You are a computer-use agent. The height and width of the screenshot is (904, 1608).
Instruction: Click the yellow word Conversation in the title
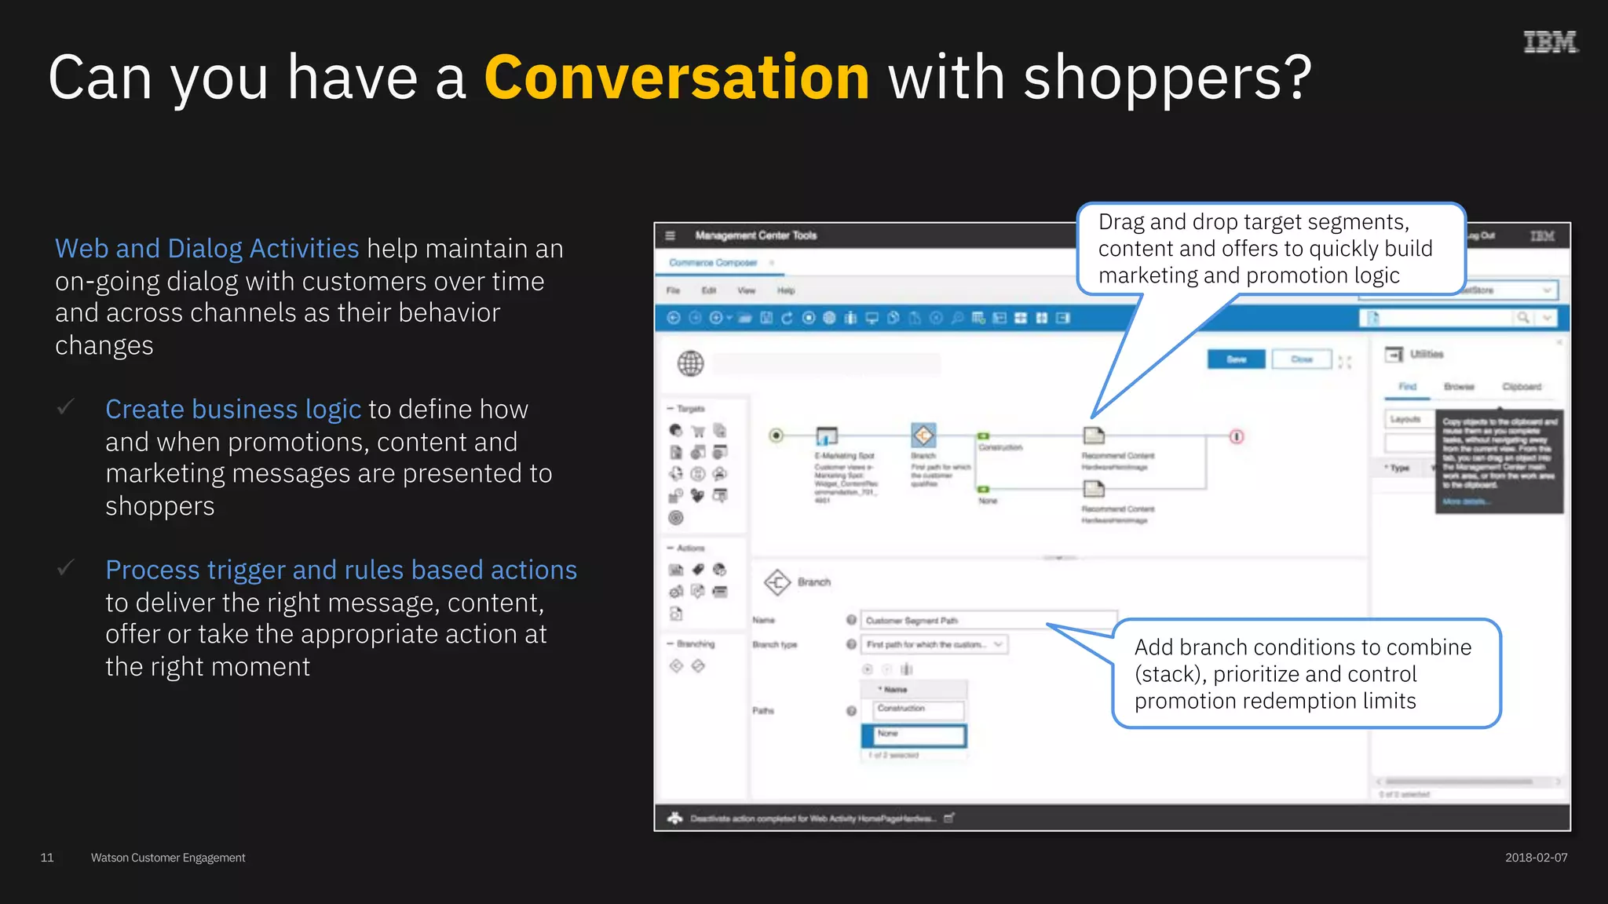(x=676, y=78)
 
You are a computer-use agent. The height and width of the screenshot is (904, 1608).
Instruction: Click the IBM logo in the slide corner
(x=1550, y=42)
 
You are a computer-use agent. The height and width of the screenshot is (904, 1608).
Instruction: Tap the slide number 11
(x=47, y=858)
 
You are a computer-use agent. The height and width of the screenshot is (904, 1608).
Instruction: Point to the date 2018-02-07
(x=1536, y=858)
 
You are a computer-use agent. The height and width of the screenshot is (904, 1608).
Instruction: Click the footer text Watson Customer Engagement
(x=168, y=858)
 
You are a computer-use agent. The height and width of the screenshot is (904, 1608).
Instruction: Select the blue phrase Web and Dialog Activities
(x=206, y=249)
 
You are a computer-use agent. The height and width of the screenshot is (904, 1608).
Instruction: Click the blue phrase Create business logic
(x=233, y=410)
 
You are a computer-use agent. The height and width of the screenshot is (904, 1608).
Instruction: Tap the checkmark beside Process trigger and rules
(x=66, y=567)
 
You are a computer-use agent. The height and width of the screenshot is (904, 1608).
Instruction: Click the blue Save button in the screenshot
(x=1236, y=359)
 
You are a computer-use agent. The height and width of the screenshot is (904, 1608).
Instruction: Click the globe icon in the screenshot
(x=690, y=363)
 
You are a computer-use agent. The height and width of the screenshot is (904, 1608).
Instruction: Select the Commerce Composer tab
(x=713, y=263)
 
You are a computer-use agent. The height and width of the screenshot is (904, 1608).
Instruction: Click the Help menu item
(x=786, y=291)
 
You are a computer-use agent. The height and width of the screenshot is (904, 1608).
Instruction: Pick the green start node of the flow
(x=776, y=436)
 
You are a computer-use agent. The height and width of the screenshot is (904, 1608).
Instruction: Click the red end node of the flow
(x=1237, y=436)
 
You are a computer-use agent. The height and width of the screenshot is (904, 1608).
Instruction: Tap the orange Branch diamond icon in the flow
(x=923, y=435)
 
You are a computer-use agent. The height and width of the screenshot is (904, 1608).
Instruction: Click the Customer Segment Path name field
(x=988, y=621)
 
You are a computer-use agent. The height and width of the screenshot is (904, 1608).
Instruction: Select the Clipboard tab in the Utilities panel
(x=1522, y=387)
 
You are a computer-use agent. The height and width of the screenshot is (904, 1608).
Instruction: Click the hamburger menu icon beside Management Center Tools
(x=670, y=235)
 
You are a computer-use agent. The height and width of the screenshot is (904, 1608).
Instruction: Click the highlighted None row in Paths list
(x=914, y=734)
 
